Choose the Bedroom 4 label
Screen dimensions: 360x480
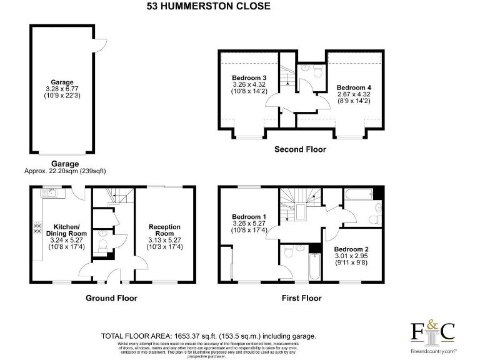coord(353,87)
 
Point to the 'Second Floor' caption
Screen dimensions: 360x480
coord(300,150)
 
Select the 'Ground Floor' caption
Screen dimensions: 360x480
coord(111,298)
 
